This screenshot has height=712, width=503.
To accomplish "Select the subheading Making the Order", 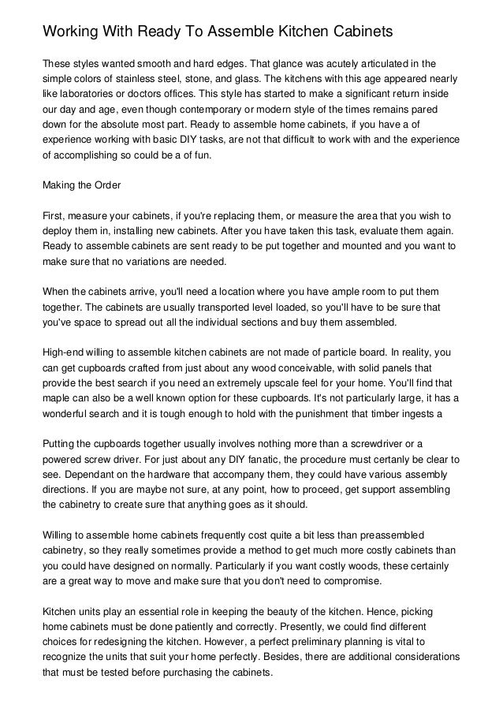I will click(81, 186).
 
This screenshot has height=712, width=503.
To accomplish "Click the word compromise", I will click(351, 586).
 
